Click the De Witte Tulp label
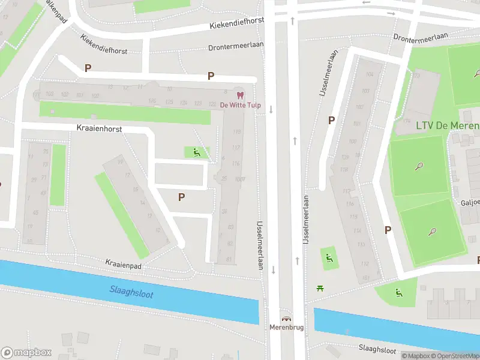click(240, 105)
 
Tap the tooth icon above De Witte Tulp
click(240, 95)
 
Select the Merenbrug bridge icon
click(286, 319)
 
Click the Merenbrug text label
click(286, 328)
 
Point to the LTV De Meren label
click(447, 125)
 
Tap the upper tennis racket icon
click(419, 166)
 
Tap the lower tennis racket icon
click(432, 232)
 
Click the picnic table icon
click(320, 288)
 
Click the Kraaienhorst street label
click(100, 128)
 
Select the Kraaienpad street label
click(122, 263)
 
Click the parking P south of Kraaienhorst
click(181, 197)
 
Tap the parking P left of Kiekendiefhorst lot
click(88, 68)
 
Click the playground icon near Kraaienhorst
click(196, 152)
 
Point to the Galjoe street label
click(470, 202)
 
